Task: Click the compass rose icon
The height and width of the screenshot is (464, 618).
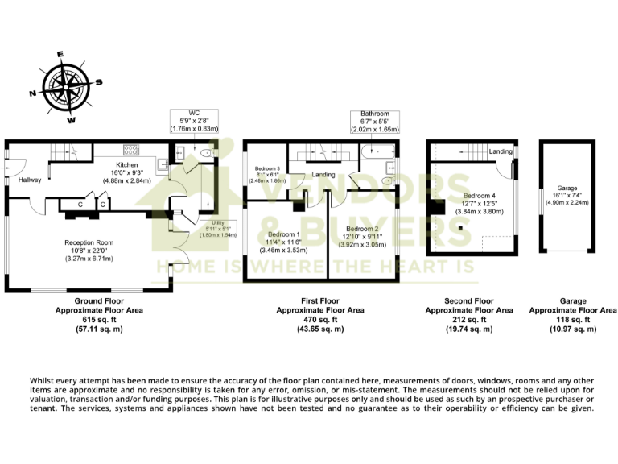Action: (66, 87)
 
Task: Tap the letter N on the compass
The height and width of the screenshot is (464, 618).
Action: (33, 94)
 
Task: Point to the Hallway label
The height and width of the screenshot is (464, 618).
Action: (30, 180)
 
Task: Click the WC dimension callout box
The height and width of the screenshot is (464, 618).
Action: (195, 119)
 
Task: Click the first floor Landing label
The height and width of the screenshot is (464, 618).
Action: (324, 175)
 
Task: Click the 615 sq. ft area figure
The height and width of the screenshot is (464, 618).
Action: (86, 320)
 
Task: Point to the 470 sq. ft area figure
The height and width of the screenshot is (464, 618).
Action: (319, 320)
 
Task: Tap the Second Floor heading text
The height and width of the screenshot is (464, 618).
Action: (468, 300)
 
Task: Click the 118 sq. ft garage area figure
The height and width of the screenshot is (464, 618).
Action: (572, 320)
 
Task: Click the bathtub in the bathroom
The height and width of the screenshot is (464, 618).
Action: (375, 151)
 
